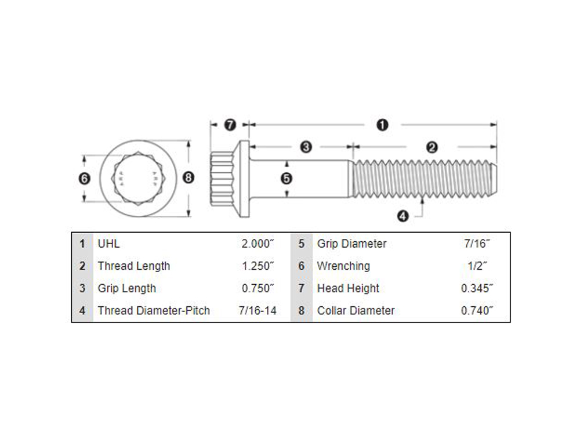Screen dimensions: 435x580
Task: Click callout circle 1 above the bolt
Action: click(x=382, y=125)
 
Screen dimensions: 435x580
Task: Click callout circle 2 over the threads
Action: click(x=432, y=147)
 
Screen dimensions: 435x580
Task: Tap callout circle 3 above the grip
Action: click(x=306, y=147)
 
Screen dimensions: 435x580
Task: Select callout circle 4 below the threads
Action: click(x=403, y=216)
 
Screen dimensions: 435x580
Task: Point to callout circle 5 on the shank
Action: click(x=287, y=179)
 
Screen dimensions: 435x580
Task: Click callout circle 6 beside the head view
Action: click(x=85, y=179)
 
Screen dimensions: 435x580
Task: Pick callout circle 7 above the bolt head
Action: click(x=230, y=125)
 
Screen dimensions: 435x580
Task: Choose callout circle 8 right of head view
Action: click(x=188, y=178)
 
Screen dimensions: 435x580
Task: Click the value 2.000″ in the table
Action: click(x=258, y=244)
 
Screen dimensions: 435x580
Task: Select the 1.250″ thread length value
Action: click(x=258, y=266)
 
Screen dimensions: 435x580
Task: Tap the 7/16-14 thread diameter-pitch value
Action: click(x=258, y=310)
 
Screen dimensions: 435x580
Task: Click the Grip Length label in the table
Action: click(x=126, y=288)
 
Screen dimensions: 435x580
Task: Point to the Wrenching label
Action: click(x=343, y=266)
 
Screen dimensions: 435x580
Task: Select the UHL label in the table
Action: click(x=108, y=244)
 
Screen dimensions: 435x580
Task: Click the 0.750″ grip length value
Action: click(x=258, y=288)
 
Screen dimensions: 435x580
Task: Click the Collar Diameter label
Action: click(x=356, y=310)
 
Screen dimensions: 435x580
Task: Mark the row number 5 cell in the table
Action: click(x=302, y=244)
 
